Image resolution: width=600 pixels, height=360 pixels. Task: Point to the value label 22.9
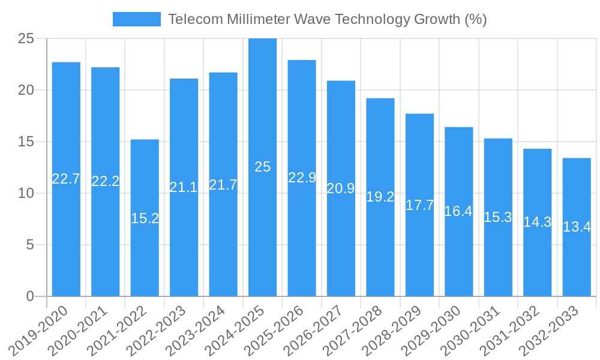(302, 177)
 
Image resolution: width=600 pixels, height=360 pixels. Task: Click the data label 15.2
(145, 218)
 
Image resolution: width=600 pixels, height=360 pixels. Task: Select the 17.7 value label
(419, 205)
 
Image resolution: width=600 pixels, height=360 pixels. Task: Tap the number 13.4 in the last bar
(577, 227)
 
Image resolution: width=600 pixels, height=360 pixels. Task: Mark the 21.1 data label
(184, 187)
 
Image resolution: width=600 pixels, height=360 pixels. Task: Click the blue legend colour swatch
(137, 19)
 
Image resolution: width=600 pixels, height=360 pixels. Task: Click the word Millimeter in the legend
(258, 19)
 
